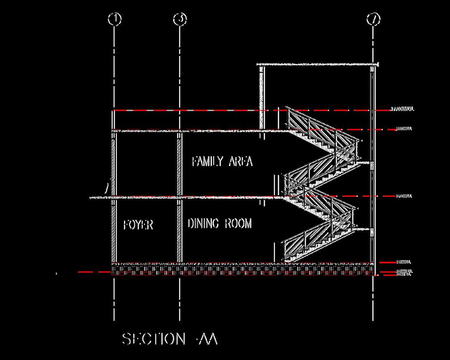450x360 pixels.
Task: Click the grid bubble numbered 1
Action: point(115,19)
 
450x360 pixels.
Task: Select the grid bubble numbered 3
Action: point(180,19)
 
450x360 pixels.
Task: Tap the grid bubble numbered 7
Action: point(373,19)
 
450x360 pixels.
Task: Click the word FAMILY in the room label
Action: point(207,162)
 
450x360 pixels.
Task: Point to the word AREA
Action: point(241,162)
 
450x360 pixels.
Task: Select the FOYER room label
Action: point(138,225)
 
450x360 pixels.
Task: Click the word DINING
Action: point(203,223)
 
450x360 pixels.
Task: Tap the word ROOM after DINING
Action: point(238,223)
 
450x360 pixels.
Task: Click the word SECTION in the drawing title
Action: point(153,339)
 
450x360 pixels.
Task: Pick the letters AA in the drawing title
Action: point(208,339)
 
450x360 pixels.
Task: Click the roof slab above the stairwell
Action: point(318,64)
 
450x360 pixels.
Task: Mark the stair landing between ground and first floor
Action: point(363,229)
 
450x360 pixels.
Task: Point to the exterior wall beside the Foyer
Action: point(114,231)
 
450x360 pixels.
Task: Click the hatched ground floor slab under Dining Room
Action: point(219,268)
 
